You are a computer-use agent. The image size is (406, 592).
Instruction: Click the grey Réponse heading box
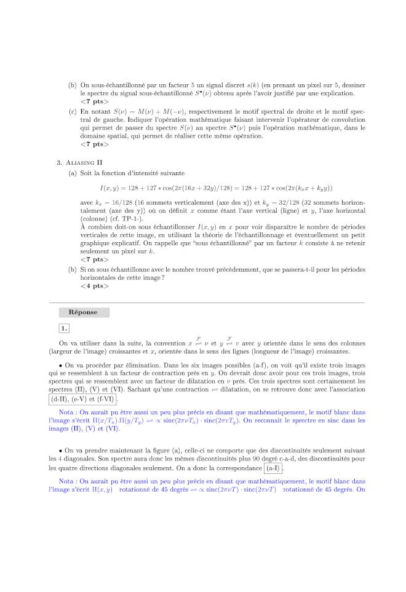click(84, 312)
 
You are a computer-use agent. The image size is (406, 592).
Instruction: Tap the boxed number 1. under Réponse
click(64, 328)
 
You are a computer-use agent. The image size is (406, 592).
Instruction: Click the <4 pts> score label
click(95, 286)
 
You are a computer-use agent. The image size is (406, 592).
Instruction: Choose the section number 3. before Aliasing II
click(59, 163)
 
